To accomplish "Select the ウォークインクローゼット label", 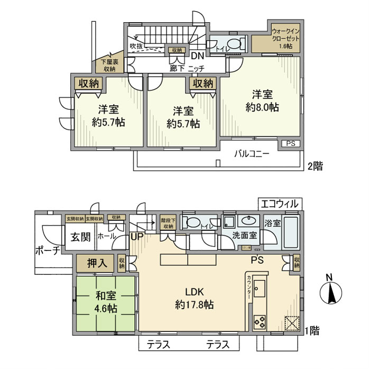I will (286, 38).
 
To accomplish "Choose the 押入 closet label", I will (95, 263).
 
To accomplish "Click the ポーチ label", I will (46, 250).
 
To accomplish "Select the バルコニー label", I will (252, 154).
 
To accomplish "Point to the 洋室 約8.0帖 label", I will (262, 100).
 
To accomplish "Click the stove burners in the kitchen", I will (261, 320).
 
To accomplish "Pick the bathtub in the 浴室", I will (290, 232).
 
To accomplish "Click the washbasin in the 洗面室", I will (247, 221).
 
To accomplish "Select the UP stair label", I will (137, 237).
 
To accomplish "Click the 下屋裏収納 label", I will (109, 65).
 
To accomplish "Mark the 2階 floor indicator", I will (314, 165).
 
